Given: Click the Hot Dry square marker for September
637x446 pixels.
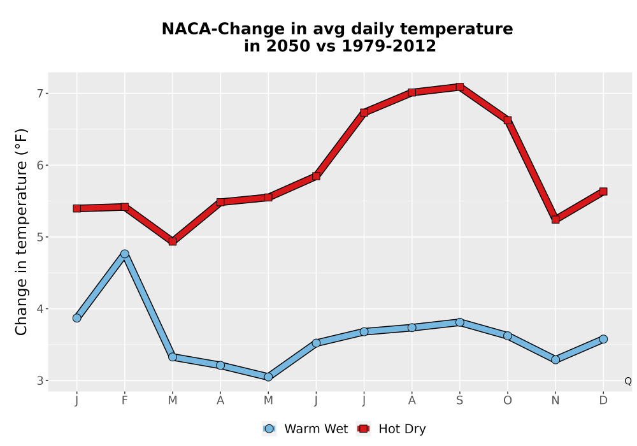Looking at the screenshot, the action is pos(459,87).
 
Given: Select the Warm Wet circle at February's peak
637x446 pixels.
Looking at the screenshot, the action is pos(125,254).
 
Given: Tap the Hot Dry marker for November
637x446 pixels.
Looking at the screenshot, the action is pos(555,219).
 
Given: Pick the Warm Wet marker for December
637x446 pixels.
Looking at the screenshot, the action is pos(603,339).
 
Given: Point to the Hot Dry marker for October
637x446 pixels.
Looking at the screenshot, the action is pos(508,120).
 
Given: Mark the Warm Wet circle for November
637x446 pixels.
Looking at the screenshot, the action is pos(555,359).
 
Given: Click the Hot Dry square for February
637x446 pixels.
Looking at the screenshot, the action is pos(125,207).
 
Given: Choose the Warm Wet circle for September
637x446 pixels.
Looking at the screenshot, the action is pos(459,322).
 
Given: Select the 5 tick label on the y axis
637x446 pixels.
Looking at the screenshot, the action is pos(40,237).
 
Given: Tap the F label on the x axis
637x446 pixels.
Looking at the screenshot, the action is pos(125,401).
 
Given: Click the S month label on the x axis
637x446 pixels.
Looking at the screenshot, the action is pos(459,401).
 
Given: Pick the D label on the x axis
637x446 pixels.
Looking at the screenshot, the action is pos(603,401).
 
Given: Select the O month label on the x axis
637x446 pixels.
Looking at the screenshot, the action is pos(508,401).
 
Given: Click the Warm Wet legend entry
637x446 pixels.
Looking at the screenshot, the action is pos(305,429).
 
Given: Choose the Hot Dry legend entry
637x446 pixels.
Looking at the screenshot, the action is pos(391,429).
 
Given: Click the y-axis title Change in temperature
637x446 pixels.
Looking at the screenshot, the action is pos(21,232).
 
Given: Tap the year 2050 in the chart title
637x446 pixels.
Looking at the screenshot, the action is pos(284,46).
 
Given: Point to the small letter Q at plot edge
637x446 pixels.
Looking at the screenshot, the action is pos(628,381).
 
